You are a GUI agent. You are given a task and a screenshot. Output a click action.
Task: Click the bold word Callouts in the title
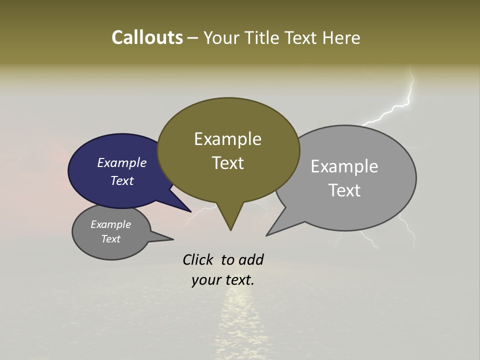click(x=147, y=38)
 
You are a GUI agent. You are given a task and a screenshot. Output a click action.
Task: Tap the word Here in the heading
click(x=341, y=38)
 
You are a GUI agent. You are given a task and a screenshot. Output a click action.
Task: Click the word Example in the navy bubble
click(x=121, y=162)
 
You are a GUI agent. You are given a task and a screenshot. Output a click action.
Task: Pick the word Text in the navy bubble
click(x=121, y=180)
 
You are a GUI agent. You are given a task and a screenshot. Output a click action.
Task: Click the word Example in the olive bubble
click(x=227, y=139)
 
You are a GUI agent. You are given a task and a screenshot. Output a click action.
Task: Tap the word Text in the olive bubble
click(x=227, y=163)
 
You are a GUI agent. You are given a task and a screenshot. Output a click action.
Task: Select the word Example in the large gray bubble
click(x=344, y=166)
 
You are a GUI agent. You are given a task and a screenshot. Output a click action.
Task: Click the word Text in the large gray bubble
click(x=344, y=190)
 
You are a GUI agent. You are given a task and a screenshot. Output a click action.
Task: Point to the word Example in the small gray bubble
click(x=110, y=224)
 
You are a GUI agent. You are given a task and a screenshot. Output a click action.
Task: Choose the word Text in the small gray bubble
click(x=110, y=239)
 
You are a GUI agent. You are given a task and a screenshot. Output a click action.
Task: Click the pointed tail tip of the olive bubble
click(x=230, y=230)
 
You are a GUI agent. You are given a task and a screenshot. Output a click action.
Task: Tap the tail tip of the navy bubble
click(x=190, y=211)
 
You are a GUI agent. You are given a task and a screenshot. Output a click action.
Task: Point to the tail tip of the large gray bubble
click(x=267, y=235)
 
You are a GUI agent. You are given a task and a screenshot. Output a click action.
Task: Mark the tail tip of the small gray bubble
click(x=173, y=239)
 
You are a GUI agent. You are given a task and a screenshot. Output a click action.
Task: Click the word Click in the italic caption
click(x=197, y=260)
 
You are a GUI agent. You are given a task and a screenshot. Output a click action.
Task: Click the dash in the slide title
click(x=193, y=38)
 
